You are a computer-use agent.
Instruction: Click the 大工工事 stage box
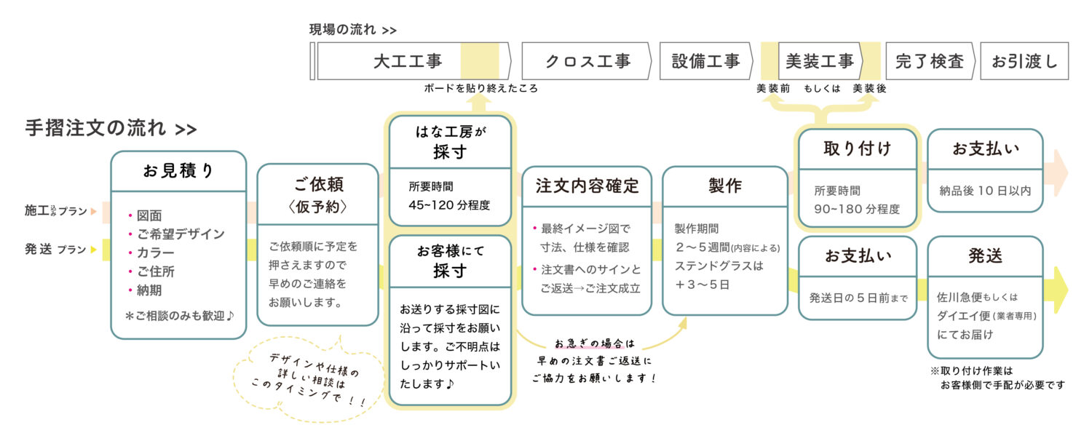pos(408,61)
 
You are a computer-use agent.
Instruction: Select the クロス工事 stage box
pos(587,61)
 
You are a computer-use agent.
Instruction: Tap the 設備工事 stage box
pos(705,61)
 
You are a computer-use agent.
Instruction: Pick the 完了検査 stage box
pos(930,61)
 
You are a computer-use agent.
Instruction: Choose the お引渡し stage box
pos(1024,61)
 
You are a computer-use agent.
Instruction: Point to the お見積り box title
pos(178,171)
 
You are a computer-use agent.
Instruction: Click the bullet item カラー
pos(156,253)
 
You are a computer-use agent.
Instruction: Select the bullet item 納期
pos(149,290)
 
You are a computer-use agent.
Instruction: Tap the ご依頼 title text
pos(318,183)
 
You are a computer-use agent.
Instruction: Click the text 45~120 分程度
pos(449,205)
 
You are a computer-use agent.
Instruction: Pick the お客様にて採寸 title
pos(451,261)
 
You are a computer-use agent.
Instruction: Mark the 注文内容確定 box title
pos(587,186)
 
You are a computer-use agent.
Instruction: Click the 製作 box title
pos(724,186)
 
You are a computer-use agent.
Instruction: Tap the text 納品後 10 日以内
pos(985,191)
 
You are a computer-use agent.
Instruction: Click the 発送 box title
pos(985,255)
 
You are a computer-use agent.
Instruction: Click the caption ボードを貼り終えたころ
pos(481,89)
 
